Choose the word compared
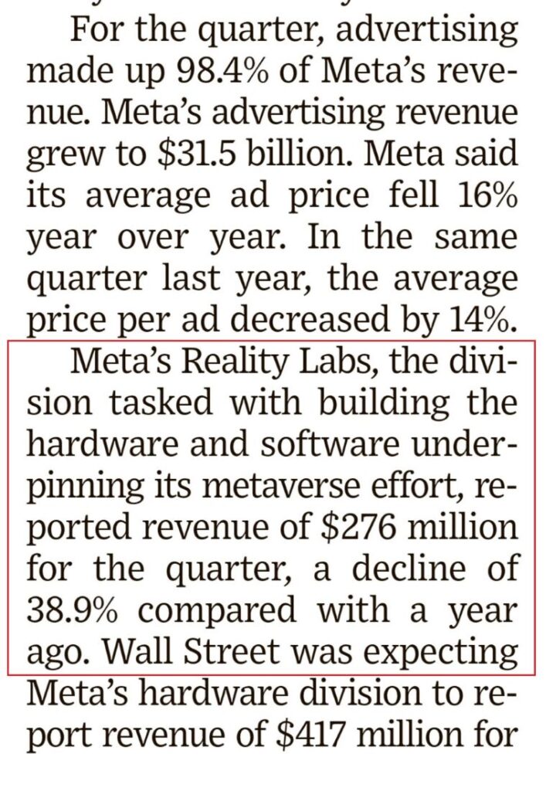click(219, 610)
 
